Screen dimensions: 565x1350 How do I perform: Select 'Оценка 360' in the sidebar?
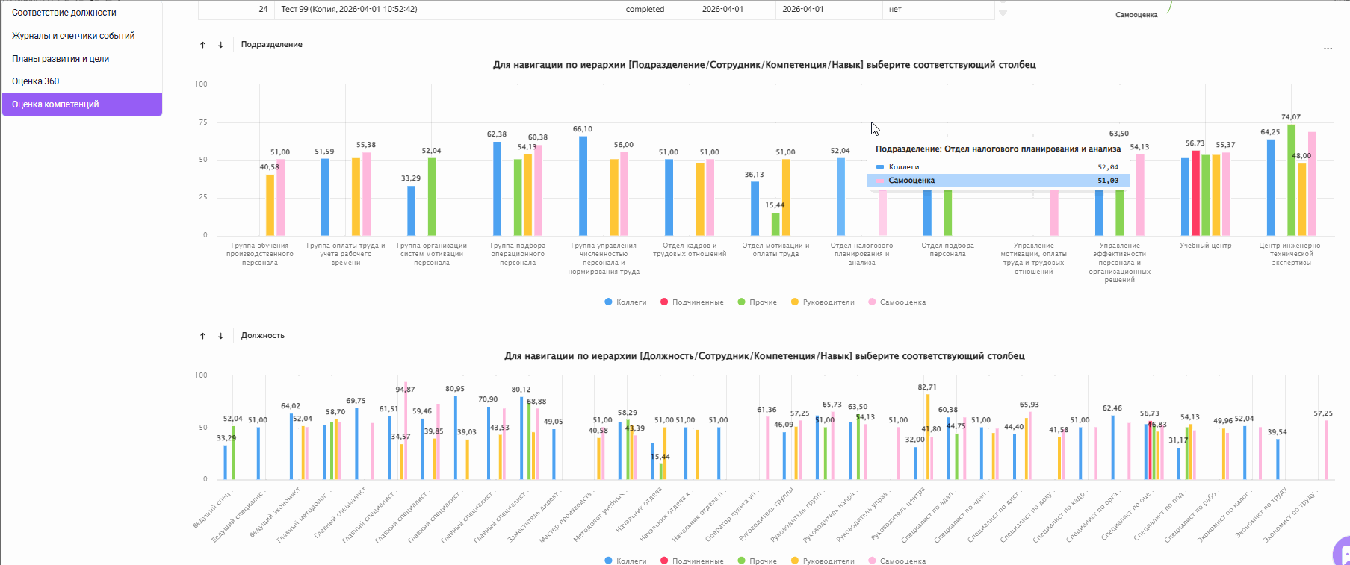(x=36, y=81)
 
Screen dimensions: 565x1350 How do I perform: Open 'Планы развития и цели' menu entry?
(x=61, y=59)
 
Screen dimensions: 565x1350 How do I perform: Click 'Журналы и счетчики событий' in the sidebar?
(x=73, y=36)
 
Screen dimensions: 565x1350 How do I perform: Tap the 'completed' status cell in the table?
(x=645, y=10)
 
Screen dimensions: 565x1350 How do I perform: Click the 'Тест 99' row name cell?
(x=349, y=10)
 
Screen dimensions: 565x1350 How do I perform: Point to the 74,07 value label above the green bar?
(x=1290, y=117)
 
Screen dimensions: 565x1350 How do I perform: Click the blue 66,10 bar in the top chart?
(x=583, y=187)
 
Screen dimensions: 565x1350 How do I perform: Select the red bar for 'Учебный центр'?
(x=1195, y=193)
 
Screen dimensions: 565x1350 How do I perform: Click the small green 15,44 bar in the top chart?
(x=775, y=224)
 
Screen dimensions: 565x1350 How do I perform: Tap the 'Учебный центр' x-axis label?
(x=1205, y=246)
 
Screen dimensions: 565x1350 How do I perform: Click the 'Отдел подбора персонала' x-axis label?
(x=947, y=250)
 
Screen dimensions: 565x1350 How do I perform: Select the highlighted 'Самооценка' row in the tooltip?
(x=997, y=181)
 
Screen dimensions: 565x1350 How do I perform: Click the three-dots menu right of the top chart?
(x=1328, y=49)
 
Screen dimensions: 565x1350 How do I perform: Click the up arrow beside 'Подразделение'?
(x=202, y=45)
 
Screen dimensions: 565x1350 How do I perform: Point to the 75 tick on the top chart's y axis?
(x=202, y=122)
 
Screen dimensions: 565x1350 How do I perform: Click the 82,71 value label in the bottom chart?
(x=927, y=387)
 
